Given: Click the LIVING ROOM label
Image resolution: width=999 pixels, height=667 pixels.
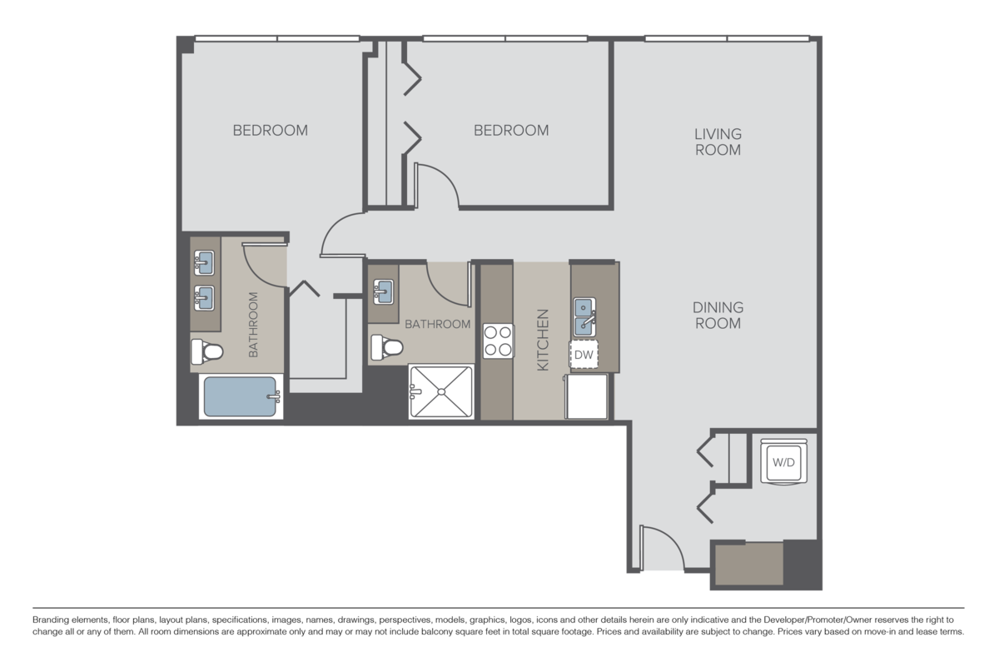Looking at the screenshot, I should click(718, 142).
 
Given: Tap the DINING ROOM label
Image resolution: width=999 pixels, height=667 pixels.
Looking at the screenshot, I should click(717, 315).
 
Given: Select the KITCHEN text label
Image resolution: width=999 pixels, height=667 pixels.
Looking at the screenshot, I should click(542, 341).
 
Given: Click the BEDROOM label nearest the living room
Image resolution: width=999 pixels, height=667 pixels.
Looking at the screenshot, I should click(511, 130).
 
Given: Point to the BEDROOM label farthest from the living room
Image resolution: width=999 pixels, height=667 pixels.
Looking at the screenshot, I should click(270, 130).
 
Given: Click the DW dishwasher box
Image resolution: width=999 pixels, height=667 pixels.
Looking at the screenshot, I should click(584, 356).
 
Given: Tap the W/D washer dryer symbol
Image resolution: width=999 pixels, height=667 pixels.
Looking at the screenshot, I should click(783, 460).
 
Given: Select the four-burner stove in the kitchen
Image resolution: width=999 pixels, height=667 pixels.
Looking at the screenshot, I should click(498, 341).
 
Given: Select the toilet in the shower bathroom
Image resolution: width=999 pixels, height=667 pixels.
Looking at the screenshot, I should click(385, 346).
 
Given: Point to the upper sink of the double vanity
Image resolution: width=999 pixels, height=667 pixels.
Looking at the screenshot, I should click(204, 265).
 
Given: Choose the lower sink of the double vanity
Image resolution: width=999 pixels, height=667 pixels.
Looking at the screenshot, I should click(204, 296).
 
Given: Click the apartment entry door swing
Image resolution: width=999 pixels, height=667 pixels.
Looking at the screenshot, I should click(661, 547).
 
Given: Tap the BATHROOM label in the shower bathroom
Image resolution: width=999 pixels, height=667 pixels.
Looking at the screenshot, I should click(437, 324).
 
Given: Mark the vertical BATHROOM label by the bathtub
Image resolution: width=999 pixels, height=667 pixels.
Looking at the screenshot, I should click(254, 325).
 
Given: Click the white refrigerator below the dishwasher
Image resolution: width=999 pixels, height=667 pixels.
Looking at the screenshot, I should click(587, 396).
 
